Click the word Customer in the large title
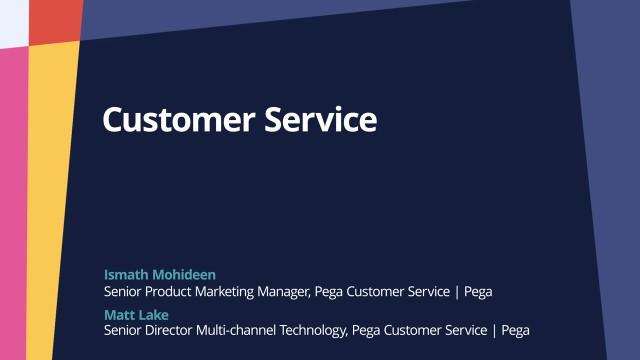(x=179, y=119)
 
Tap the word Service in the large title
(x=320, y=119)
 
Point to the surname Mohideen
(x=184, y=274)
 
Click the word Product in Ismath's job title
(x=168, y=291)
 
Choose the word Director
(x=168, y=330)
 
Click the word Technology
(x=313, y=331)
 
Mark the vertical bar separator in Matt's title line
(x=494, y=331)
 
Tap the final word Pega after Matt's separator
(x=515, y=331)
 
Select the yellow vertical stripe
(x=50, y=200)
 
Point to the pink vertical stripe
(x=13, y=203)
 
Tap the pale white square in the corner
(x=14, y=23)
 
